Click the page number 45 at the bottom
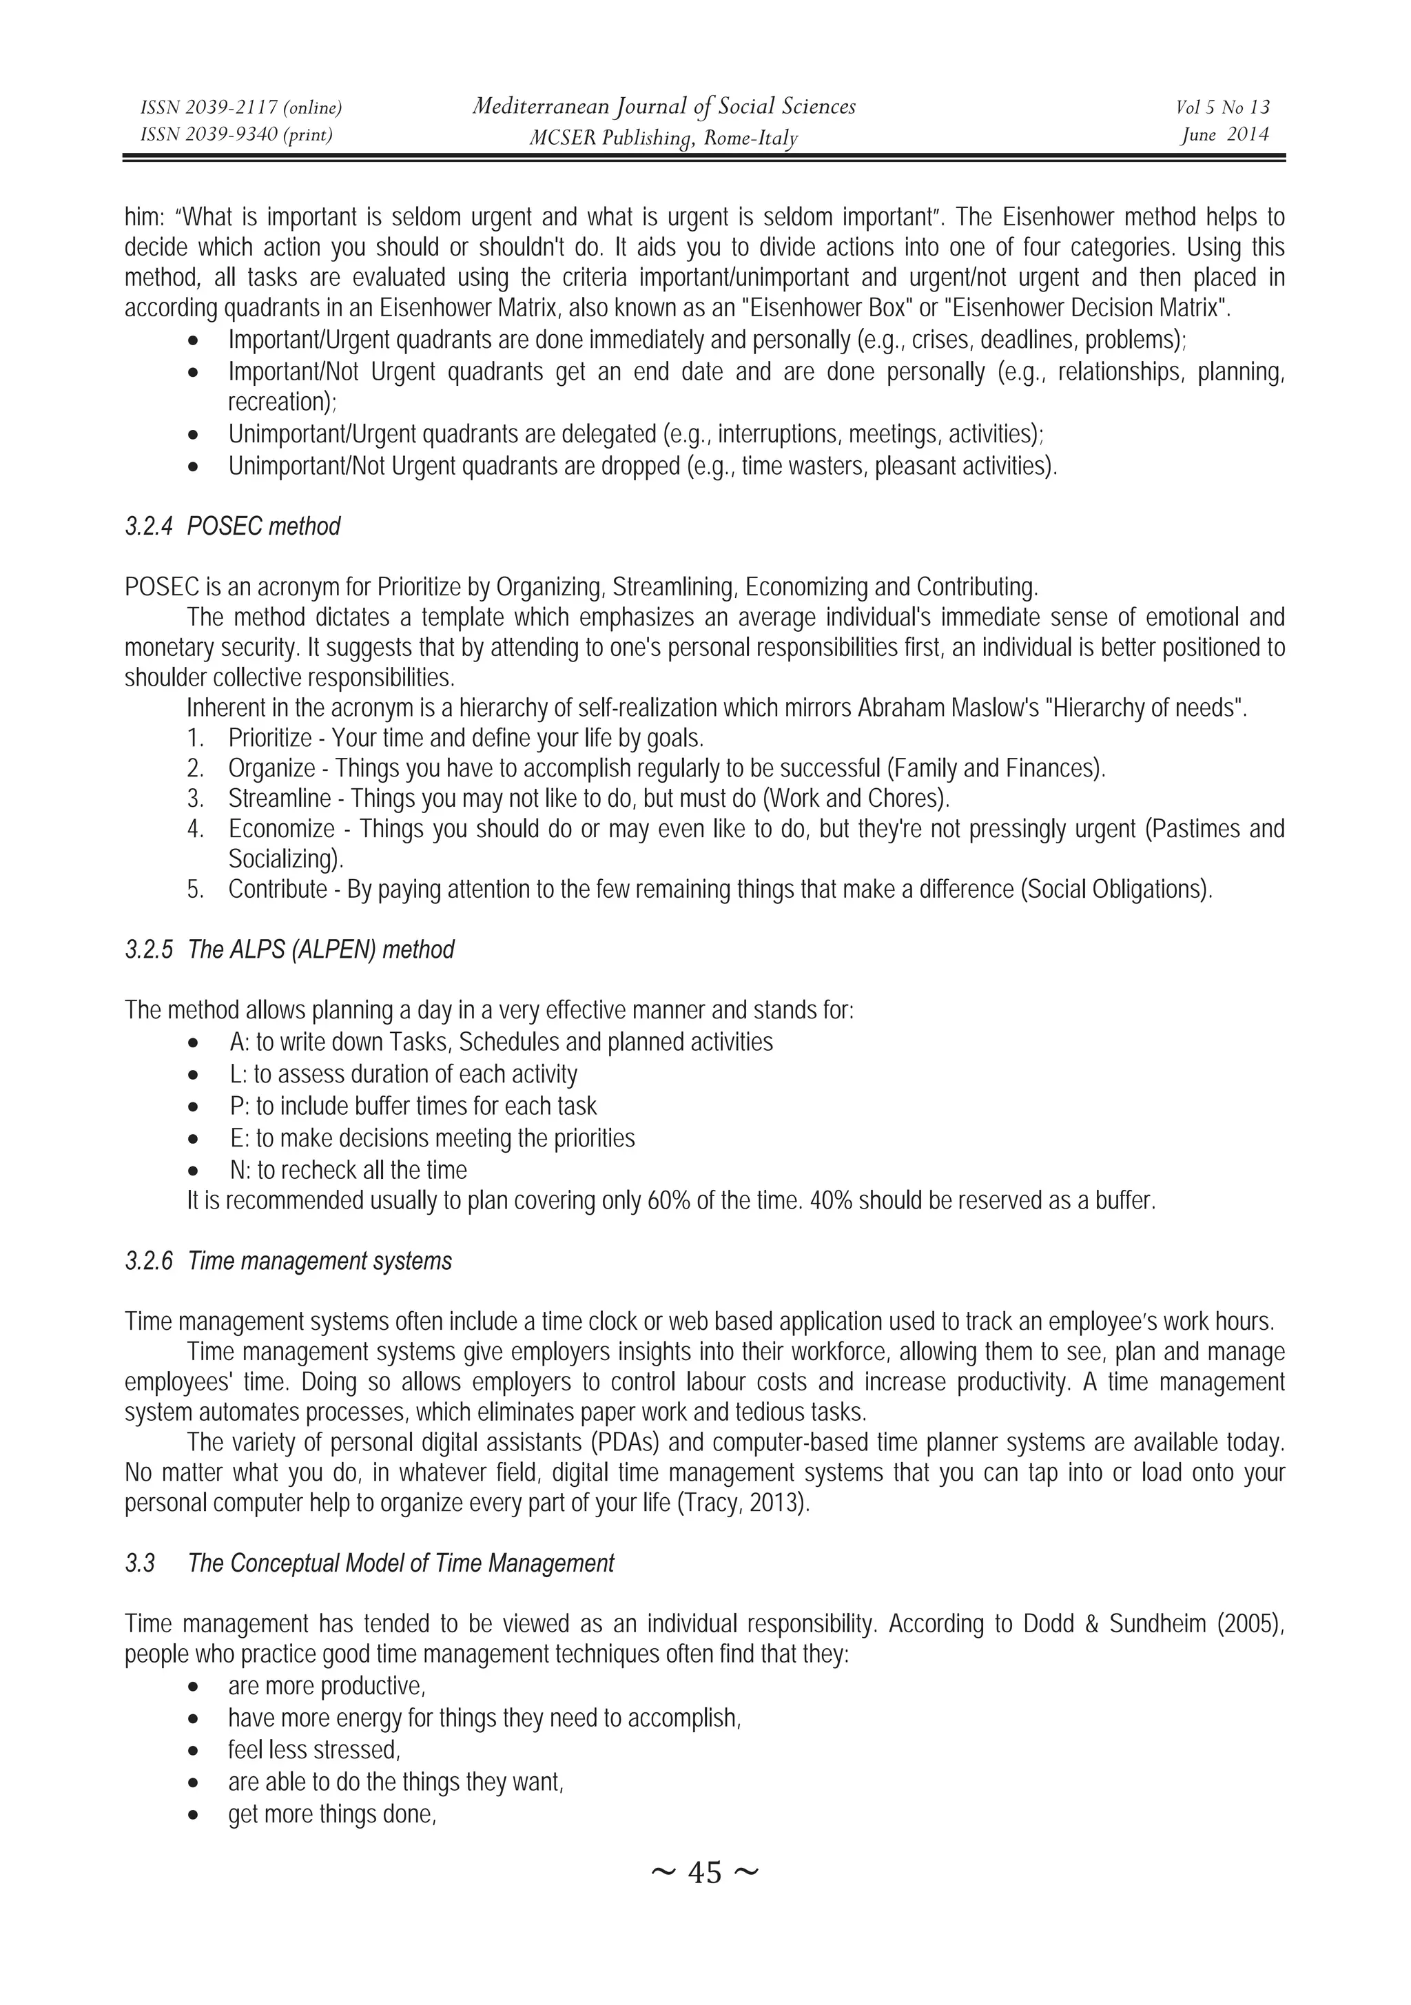(x=705, y=1872)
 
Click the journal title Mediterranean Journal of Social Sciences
(x=663, y=107)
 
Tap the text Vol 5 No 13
(x=1222, y=107)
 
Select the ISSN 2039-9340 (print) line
(x=236, y=134)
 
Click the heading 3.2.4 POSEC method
(x=232, y=526)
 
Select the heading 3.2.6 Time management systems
(x=288, y=1261)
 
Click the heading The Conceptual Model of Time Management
(x=401, y=1563)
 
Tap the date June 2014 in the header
(x=1224, y=134)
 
